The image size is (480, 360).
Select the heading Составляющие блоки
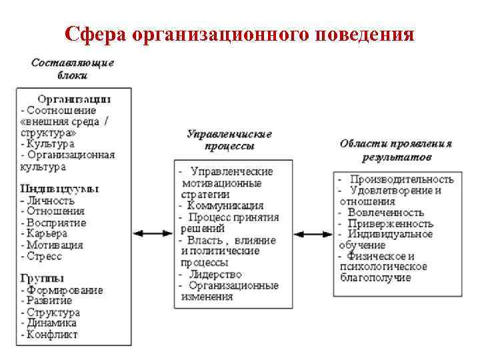(73, 69)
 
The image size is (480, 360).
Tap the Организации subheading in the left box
(74, 99)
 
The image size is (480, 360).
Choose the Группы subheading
(43, 278)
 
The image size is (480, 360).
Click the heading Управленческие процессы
(229, 139)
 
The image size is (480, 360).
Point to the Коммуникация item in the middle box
(225, 205)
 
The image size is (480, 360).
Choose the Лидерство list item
(217, 273)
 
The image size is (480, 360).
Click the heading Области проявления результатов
(396, 151)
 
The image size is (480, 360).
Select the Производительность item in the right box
(401, 179)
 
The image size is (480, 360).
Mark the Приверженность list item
(390, 223)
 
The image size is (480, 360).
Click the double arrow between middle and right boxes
(313, 234)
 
